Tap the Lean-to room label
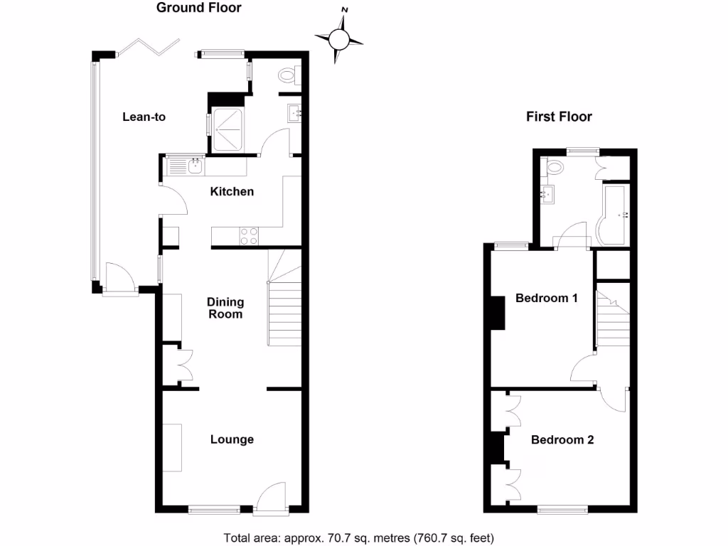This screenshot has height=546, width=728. point(144,117)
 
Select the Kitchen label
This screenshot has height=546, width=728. point(232,191)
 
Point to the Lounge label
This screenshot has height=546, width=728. point(232,439)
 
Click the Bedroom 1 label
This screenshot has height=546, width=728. point(546,298)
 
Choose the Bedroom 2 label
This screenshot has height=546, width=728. point(562,440)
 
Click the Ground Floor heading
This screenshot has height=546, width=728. point(198,9)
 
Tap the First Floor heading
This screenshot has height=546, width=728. point(559,117)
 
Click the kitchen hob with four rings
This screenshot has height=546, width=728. point(250,235)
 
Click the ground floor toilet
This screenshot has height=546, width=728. point(288,74)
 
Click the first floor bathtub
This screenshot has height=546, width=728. point(614,213)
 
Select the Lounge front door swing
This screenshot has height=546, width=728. point(272,496)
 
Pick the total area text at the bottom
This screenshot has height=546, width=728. point(358,537)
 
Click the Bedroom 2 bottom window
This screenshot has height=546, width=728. point(562,509)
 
